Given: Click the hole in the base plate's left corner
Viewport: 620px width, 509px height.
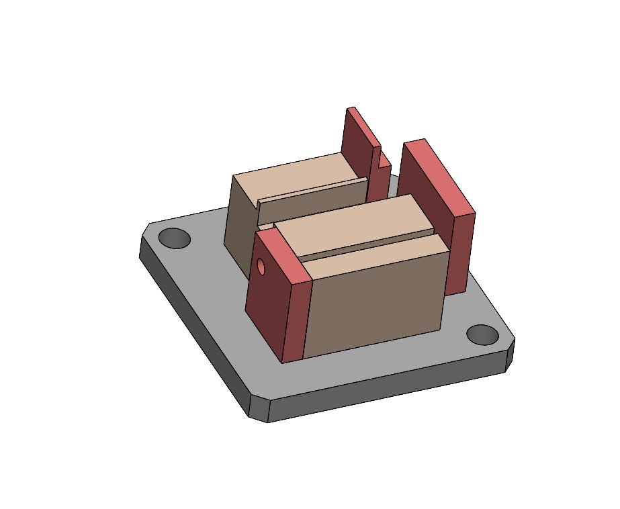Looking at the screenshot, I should (x=175, y=238).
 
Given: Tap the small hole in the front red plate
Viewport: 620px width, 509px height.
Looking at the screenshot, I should (x=262, y=267).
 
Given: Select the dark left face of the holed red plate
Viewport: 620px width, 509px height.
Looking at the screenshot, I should (x=265, y=302).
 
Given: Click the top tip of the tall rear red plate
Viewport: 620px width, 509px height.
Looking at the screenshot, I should (x=350, y=109).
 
